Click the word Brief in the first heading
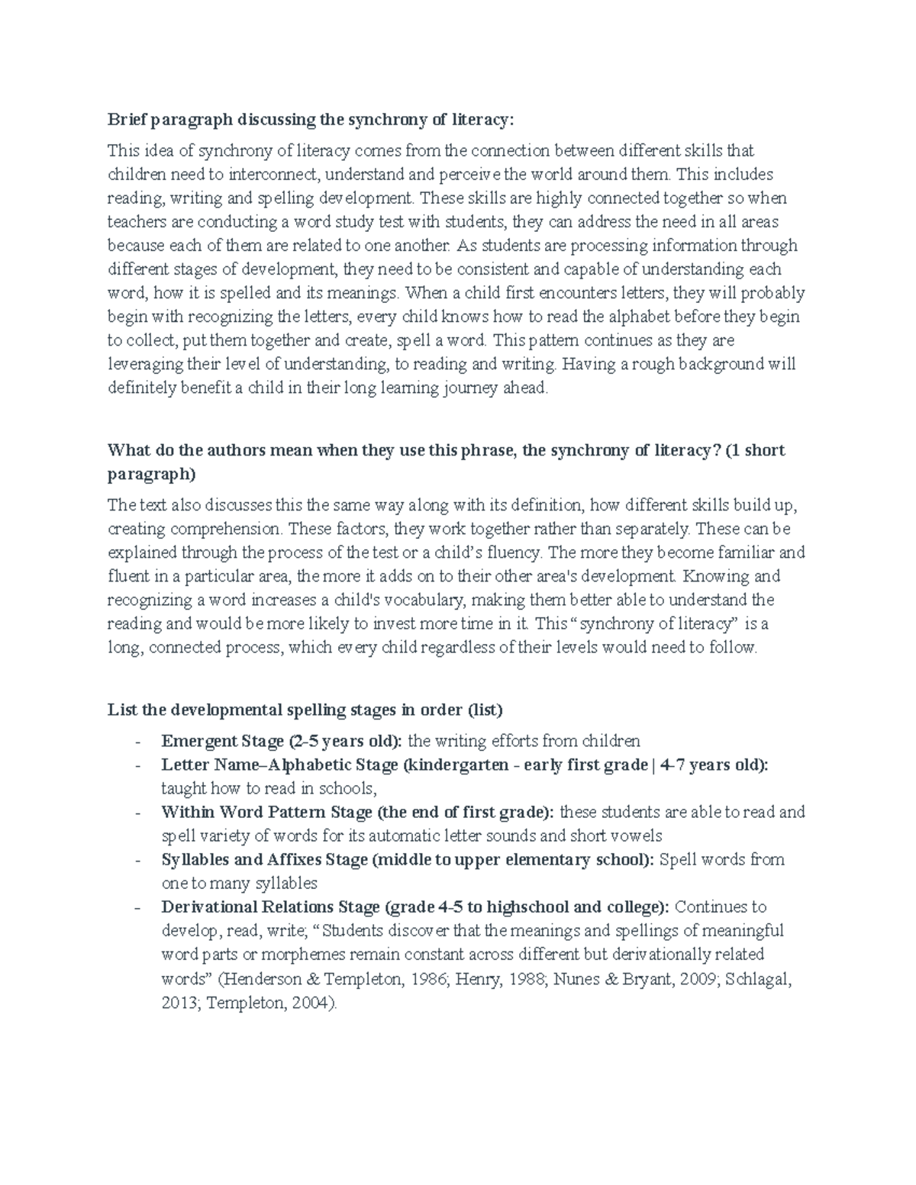[x=126, y=120]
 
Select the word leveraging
[x=142, y=364]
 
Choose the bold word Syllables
[x=195, y=860]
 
